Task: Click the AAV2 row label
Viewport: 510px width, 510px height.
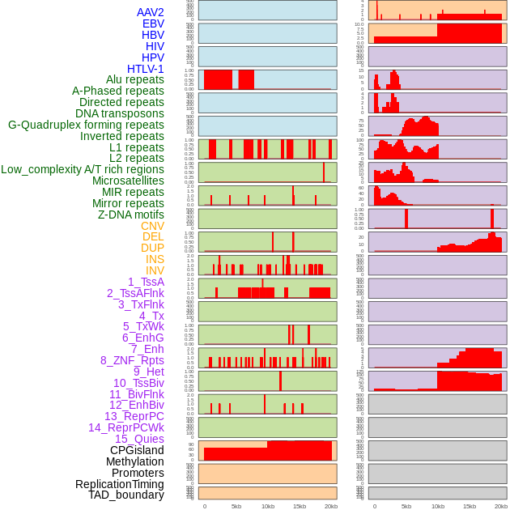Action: (151, 12)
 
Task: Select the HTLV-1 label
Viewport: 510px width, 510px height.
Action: (146, 69)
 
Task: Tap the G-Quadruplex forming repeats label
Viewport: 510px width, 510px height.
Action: (86, 125)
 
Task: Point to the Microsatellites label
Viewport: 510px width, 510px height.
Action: (128, 181)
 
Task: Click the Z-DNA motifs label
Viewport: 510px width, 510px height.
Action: (131, 215)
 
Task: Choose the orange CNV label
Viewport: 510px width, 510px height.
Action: (152, 226)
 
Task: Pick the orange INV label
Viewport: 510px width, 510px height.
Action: (155, 270)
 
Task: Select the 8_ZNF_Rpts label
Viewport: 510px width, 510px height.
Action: (132, 360)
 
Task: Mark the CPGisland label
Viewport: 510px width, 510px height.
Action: (137, 450)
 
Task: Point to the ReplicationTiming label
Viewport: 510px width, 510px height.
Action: (120, 484)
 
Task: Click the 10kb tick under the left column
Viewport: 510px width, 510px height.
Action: (267, 506)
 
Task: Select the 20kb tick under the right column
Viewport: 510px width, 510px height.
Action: (501, 506)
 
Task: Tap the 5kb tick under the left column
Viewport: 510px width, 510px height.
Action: (236, 506)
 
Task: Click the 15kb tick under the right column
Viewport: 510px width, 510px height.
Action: (470, 506)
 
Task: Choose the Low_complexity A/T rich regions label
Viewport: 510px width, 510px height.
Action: (83, 169)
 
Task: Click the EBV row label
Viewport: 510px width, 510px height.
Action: (153, 23)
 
